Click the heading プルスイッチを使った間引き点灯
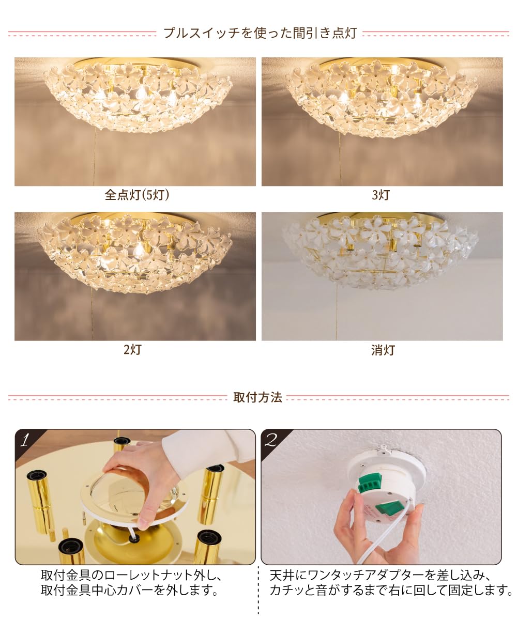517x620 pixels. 260,34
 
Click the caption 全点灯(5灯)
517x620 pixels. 136,195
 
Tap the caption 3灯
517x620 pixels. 381,195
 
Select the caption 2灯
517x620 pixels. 132,350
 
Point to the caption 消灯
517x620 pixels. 383,350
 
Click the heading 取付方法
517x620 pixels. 257,397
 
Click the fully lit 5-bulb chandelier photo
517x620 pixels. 135,121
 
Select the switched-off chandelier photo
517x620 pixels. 382,276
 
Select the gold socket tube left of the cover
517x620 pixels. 40,496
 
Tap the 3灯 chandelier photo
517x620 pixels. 382,121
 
